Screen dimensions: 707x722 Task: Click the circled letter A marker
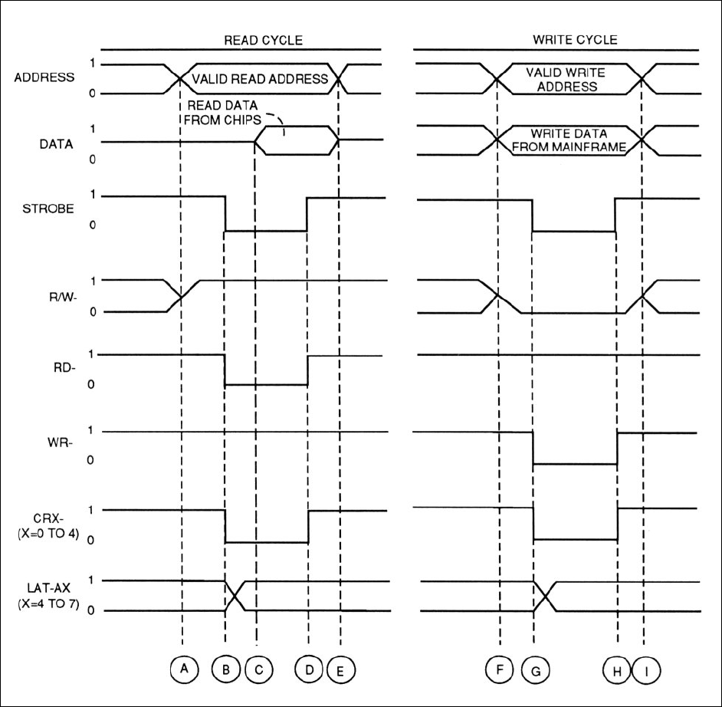click(184, 669)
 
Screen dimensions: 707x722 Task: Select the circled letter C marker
click(258, 669)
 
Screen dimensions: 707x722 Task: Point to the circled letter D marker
click(309, 669)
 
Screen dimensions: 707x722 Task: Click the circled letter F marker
click(500, 669)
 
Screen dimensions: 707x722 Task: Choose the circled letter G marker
click(534, 669)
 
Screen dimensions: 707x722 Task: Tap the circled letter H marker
click(616, 669)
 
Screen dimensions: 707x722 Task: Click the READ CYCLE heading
click(256, 40)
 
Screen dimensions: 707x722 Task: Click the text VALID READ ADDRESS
click(260, 79)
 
